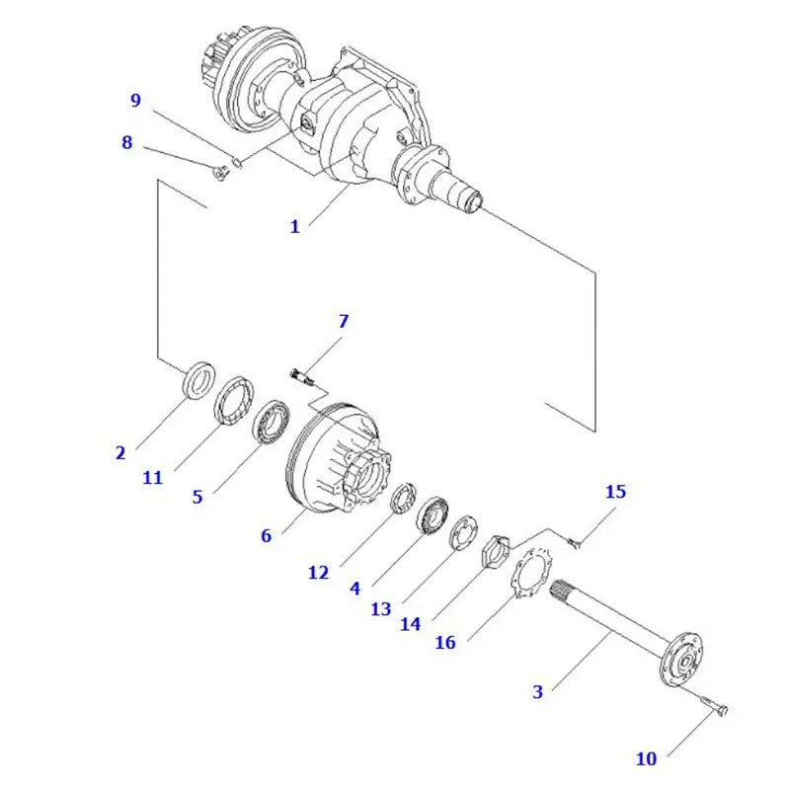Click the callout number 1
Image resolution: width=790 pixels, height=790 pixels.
pyautogui.click(x=294, y=227)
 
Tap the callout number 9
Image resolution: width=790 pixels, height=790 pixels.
pyautogui.click(x=136, y=100)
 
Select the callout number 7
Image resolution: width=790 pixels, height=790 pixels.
pyautogui.click(x=343, y=321)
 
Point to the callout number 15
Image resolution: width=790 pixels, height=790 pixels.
pyautogui.click(x=615, y=491)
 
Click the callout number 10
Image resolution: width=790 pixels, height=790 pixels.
pyautogui.click(x=645, y=758)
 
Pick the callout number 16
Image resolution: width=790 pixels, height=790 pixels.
pyautogui.click(x=445, y=642)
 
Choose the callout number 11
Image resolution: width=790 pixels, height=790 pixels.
pyautogui.click(x=151, y=478)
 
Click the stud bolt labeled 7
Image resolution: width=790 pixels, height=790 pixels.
pyautogui.click(x=301, y=374)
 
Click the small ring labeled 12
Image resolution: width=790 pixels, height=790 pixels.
pyautogui.click(x=402, y=500)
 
